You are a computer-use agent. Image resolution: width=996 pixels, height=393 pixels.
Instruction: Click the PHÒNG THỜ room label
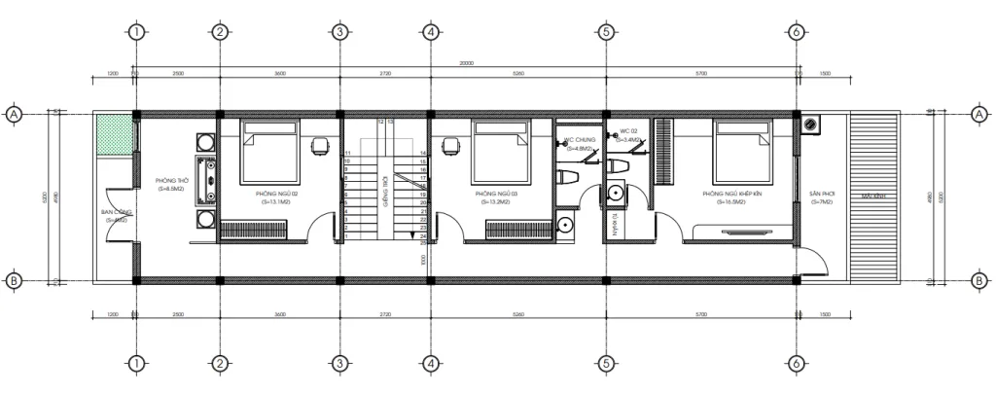click(x=171, y=182)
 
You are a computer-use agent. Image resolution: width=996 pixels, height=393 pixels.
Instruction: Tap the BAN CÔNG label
click(x=116, y=211)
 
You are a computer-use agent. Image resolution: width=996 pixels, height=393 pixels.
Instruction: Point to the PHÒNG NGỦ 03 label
click(x=496, y=194)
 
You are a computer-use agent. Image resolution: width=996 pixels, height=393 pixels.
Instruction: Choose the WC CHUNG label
click(x=580, y=141)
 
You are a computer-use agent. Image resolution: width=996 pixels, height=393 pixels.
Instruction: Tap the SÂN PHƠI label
click(x=823, y=194)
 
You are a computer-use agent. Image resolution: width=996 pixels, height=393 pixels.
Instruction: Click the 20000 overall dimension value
click(x=467, y=63)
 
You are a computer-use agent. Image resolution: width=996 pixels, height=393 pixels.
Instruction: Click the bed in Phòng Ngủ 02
click(x=269, y=146)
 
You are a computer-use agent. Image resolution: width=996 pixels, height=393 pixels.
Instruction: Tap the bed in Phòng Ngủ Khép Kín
click(x=741, y=146)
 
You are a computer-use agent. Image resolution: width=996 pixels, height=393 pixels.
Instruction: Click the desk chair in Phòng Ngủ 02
click(x=319, y=146)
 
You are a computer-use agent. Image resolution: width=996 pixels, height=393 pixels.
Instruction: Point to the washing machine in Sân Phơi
click(x=811, y=125)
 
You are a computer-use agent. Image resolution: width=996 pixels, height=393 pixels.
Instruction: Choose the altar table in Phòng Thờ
click(x=205, y=177)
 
